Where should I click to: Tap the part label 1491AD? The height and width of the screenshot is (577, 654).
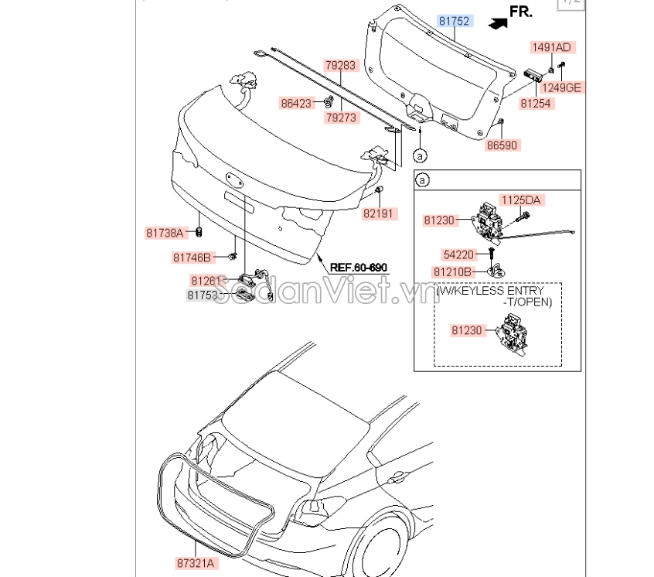point(551,47)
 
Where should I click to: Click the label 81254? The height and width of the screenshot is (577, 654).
point(536,103)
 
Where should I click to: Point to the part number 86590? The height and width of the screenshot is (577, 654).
point(502,145)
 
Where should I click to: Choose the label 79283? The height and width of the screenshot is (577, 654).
point(341,66)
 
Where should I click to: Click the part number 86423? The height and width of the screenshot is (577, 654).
point(296,101)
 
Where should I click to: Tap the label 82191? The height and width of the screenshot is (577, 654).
point(380,213)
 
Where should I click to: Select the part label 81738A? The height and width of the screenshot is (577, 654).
point(165,232)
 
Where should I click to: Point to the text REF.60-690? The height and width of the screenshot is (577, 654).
point(358,268)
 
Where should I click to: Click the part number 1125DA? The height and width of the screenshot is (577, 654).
point(523,200)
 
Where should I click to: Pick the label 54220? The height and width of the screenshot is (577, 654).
point(459,254)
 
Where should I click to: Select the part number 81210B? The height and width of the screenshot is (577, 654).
point(453,271)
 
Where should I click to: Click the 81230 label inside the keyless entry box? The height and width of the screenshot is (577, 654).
point(468,330)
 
